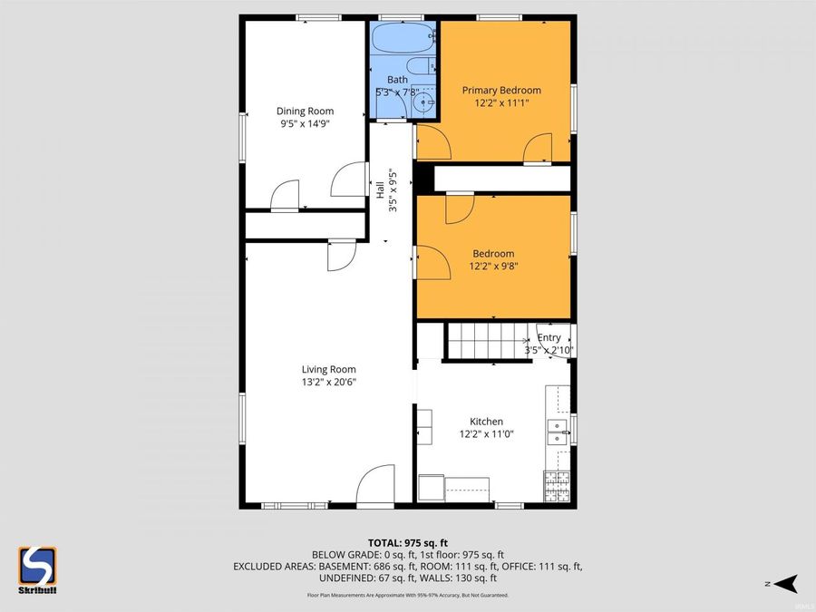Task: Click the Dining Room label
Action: (298, 112)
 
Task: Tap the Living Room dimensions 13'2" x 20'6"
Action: (328, 383)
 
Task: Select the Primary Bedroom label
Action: (501, 90)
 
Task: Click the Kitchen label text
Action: (486, 422)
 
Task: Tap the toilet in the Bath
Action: (421, 68)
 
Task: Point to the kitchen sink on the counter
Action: (557, 432)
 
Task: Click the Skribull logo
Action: (37, 568)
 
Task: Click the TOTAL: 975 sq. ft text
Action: (407, 541)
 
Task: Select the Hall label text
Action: (380, 190)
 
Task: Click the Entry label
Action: (549, 338)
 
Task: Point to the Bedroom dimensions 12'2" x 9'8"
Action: (493, 267)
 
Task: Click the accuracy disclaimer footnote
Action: (407, 596)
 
